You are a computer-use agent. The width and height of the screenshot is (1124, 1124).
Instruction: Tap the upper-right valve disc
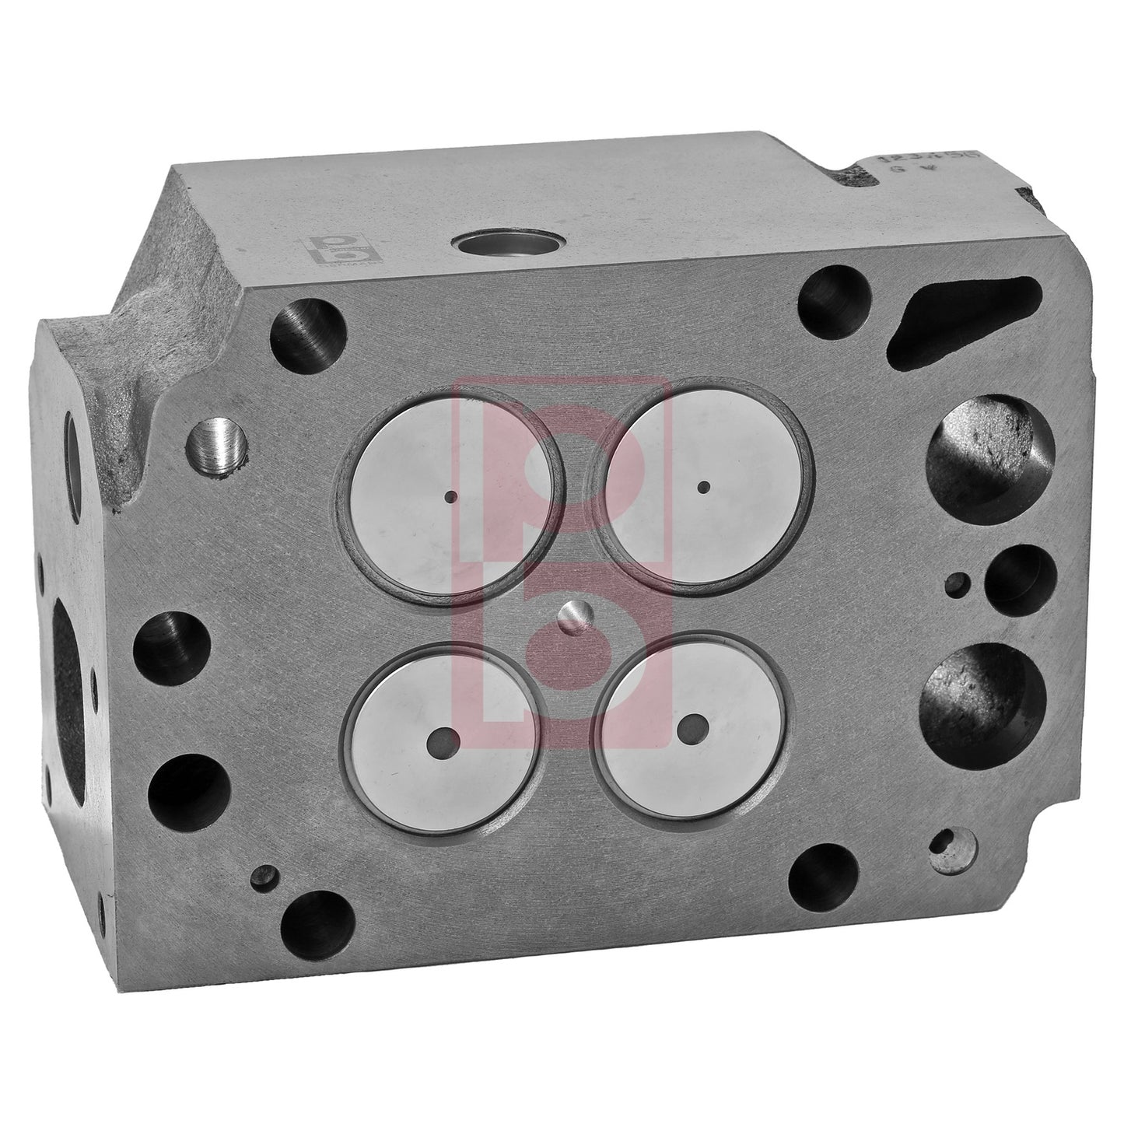click(x=703, y=488)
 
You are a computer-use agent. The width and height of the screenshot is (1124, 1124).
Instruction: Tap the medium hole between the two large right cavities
click(x=1020, y=579)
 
